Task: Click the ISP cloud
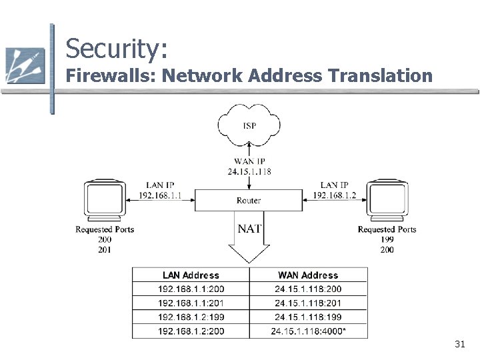[249, 125]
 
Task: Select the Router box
[249, 200]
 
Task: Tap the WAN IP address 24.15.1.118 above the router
[249, 171]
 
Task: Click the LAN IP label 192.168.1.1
[160, 195]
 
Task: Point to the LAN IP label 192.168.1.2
[334, 195]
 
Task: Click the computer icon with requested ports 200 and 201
[105, 200]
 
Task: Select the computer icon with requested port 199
[387, 200]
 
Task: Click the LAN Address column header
[191, 275]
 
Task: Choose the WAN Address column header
[308, 275]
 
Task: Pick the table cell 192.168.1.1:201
[191, 303]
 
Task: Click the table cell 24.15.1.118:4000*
[308, 331]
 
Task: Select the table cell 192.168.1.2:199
[191, 317]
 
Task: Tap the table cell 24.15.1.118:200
[308, 289]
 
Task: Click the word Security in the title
[117, 49]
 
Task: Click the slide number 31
[460, 344]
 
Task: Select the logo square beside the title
[25, 65]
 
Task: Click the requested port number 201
[105, 250]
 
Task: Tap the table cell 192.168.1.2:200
[191, 331]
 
